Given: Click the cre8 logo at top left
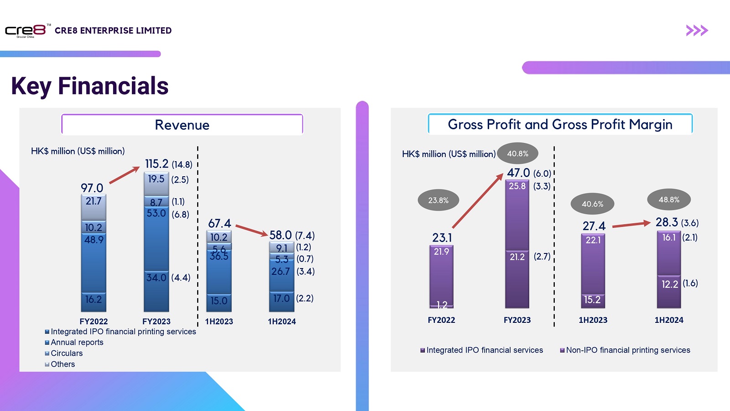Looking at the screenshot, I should click(x=26, y=31).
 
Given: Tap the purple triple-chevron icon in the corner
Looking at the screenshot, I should click(x=697, y=31).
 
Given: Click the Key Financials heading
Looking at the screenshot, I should click(x=90, y=86).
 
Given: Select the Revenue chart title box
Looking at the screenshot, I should click(x=182, y=125).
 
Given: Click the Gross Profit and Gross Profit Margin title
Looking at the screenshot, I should click(x=560, y=124).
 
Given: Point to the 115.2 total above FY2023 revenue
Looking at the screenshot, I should click(x=156, y=164).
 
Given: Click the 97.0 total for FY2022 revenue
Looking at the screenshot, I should click(x=92, y=188).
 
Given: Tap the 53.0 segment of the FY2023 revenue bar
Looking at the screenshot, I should click(x=156, y=213).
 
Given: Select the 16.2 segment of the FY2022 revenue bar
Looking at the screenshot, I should click(x=94, y=300).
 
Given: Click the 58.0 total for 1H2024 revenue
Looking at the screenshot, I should click(x=280, y=235).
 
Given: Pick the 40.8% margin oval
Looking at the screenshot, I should click(x=517, y=153).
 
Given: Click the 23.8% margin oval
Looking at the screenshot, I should click(x=438, y=200).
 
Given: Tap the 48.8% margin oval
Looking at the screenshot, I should click(x=668, y=200).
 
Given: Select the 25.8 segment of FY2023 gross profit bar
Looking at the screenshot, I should click(x=517, y=186).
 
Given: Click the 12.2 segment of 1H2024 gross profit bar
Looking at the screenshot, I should click(x=669, y=284).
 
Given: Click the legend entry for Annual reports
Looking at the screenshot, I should click(x=77, y=342).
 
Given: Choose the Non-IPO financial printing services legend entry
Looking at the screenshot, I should click(x=627, y=350).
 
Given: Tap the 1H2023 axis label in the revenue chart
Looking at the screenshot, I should click(x=219, y=321).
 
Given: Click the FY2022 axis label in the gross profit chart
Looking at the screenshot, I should click(x=441, y=320).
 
